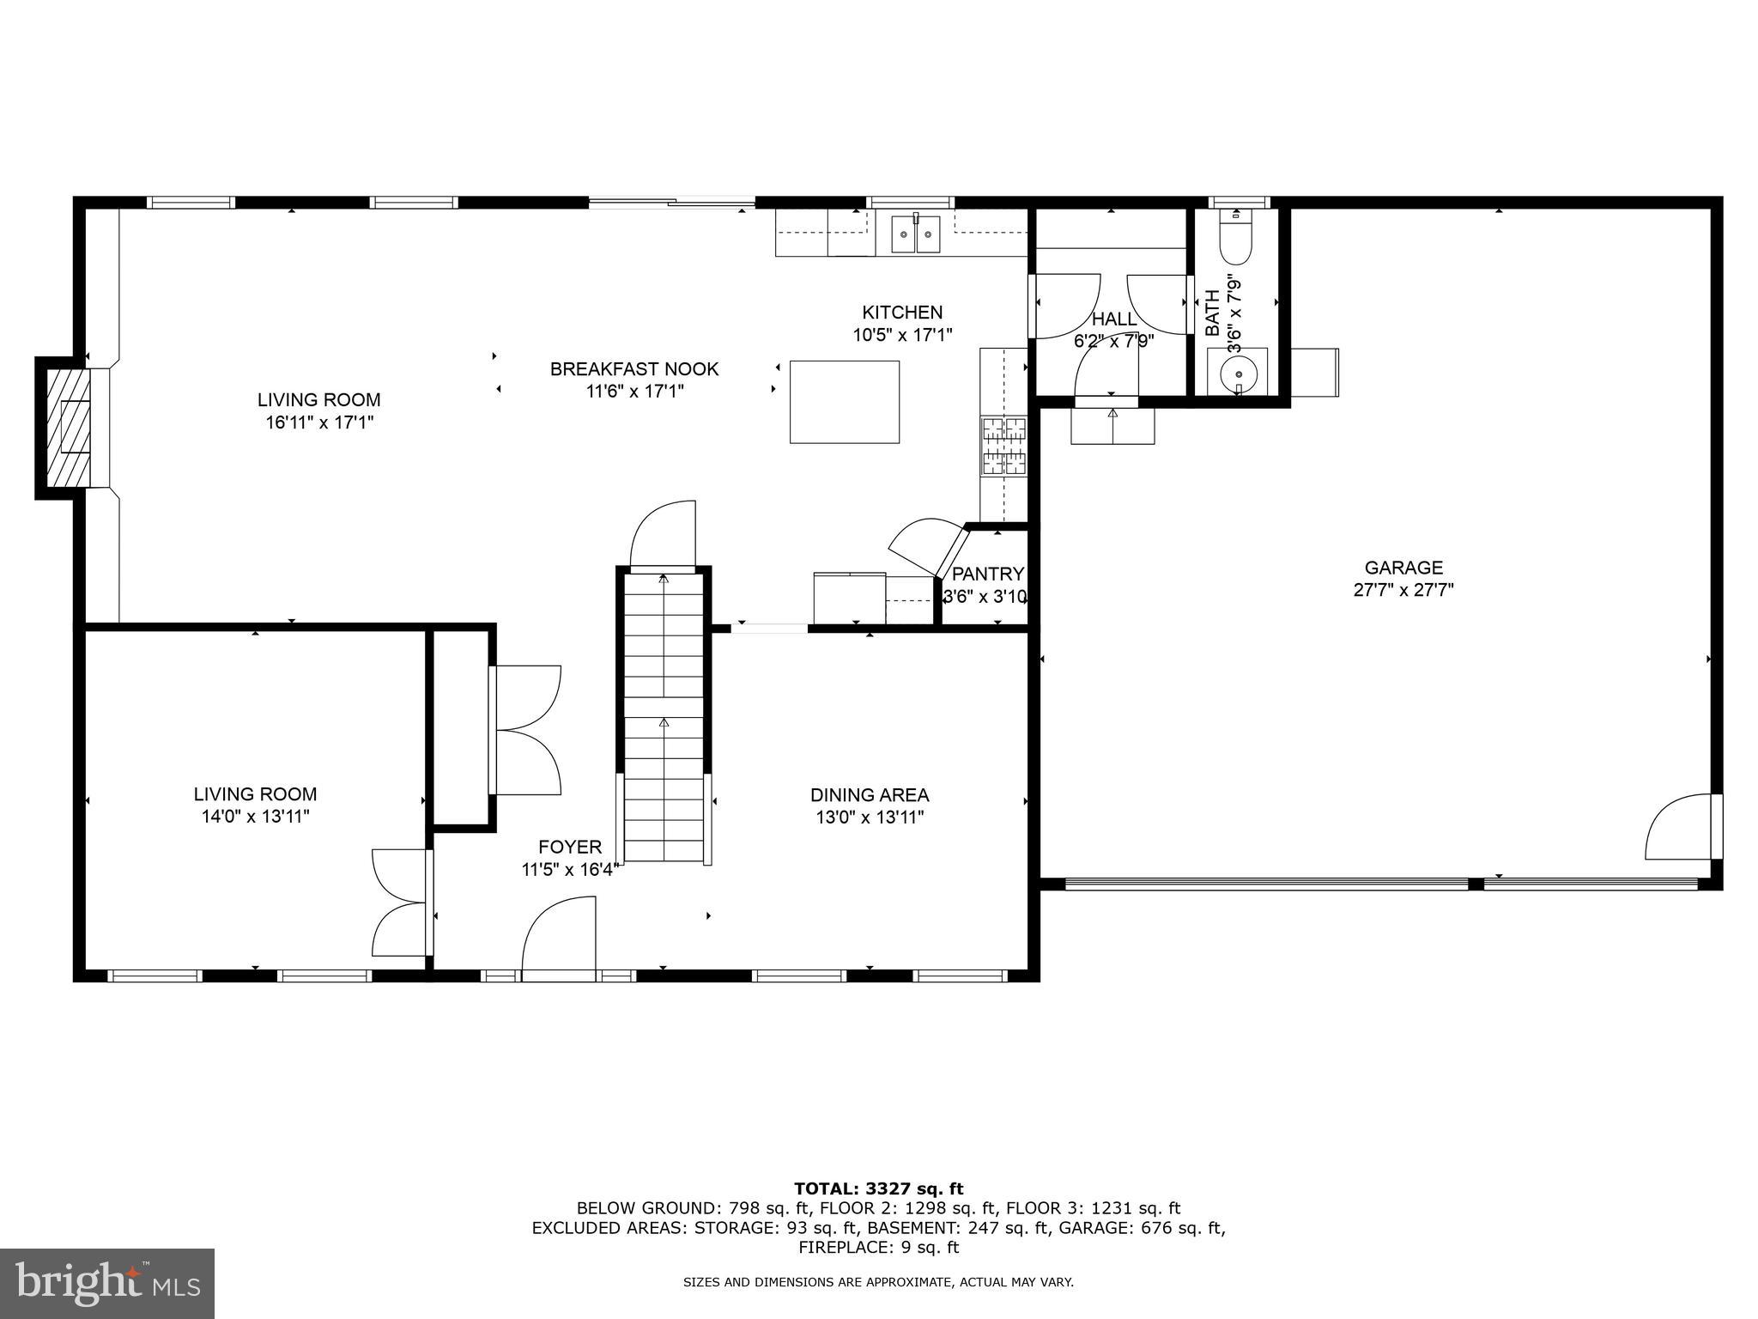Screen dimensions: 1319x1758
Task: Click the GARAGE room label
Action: click(1403, 568)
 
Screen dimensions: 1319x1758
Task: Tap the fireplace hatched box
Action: click(68, 428)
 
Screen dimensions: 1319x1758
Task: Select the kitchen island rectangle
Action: click(844, 402)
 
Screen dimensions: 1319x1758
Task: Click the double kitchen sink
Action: click(916, 234)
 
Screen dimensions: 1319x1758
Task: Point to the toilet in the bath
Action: click(1236, 238)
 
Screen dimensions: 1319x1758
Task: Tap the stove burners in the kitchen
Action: click(1003, 445)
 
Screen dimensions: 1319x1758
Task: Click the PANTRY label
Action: click(988, 574)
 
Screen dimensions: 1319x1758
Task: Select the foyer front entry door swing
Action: click(558, 939)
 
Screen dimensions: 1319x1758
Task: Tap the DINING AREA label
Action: click(870, 795)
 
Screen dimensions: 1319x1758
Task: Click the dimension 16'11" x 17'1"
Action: click(319, 422)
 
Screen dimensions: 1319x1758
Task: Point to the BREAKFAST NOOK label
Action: click(634, 369)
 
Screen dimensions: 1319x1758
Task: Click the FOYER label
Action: click(570, 848)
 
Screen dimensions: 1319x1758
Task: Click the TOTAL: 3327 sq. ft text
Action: click(878, 1188)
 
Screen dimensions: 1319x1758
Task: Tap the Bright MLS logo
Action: click(106, 1283)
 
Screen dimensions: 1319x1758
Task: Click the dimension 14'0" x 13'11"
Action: click(255, 817)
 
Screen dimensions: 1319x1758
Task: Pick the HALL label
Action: click(1113, 319)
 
